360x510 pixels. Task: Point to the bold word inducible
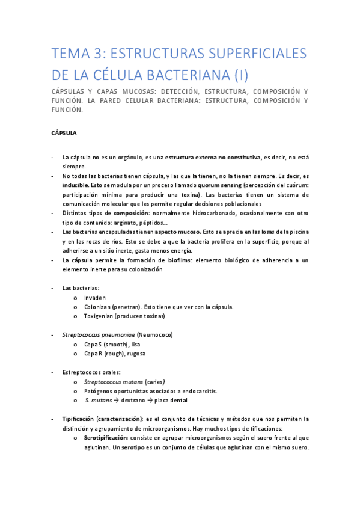point(75,185)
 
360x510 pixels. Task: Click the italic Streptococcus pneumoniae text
point(98,334)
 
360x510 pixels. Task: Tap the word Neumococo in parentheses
point(159,334)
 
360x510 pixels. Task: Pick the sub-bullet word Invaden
point(96,297)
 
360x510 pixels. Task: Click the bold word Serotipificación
point(111,438)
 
